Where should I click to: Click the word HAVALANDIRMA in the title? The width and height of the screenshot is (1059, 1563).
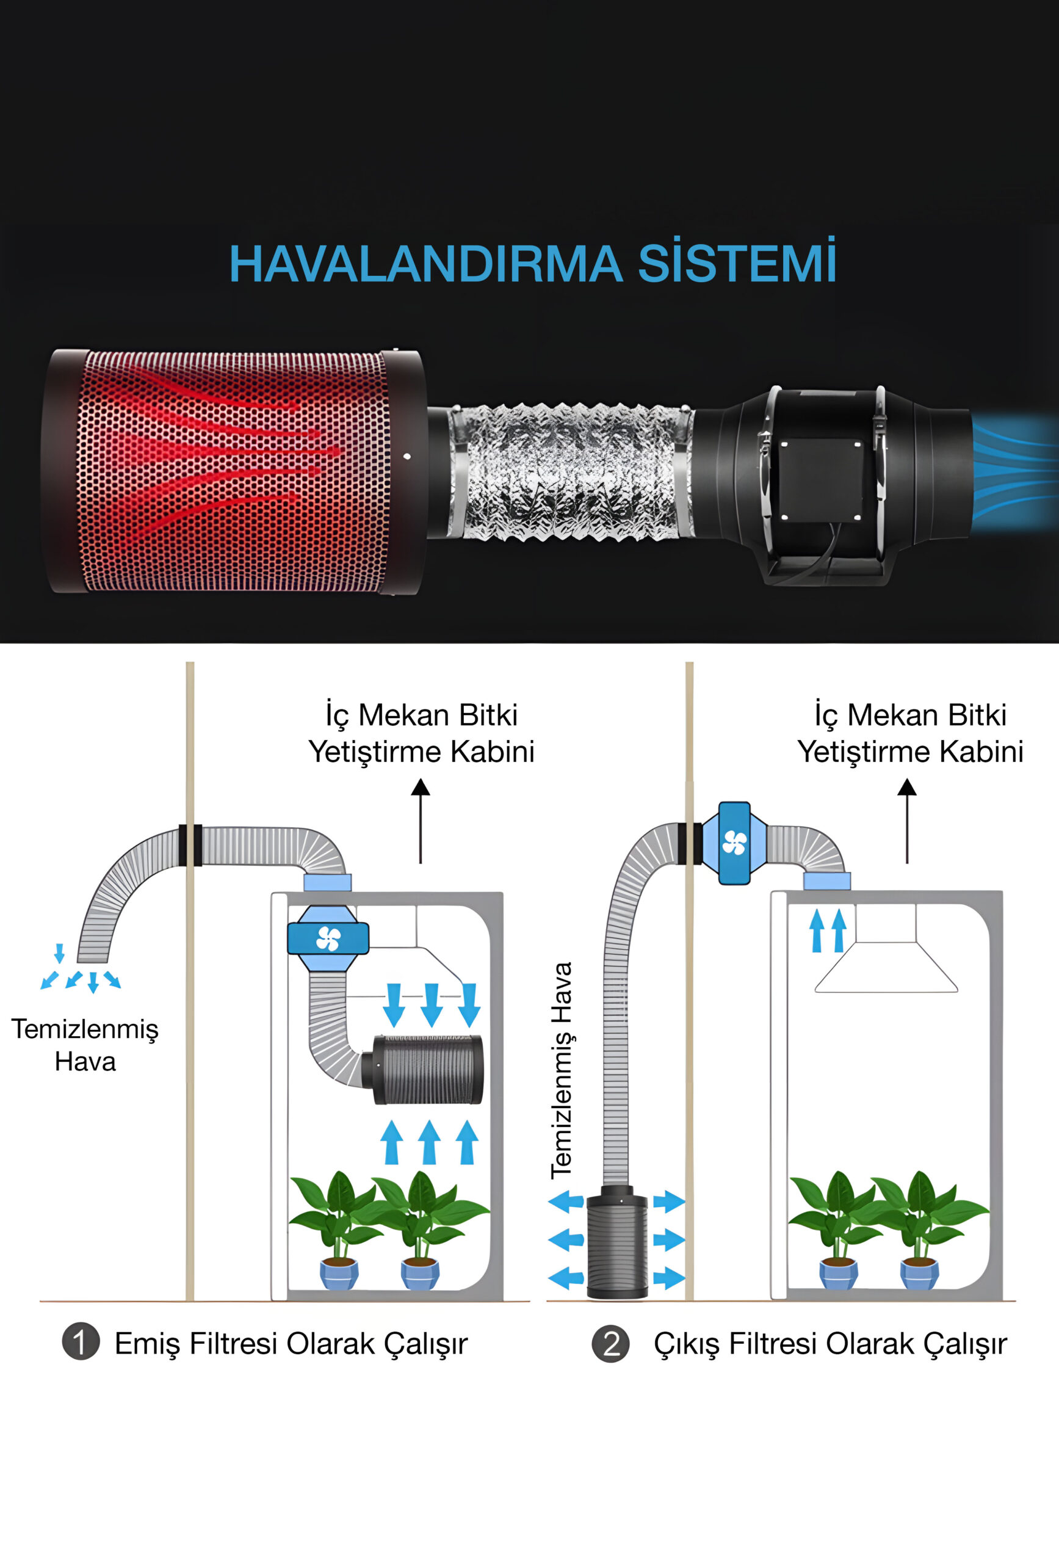coord(425,264)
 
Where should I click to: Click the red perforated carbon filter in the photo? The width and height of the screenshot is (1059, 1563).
coord(234,471)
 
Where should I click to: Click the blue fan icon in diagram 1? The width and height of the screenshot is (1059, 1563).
coord(328,938)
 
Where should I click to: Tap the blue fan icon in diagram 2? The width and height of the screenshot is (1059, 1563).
coord(734,843)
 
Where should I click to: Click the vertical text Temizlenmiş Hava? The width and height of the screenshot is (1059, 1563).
coord(562,1070)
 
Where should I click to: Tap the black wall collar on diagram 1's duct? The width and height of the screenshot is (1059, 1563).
coord(190,845)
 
